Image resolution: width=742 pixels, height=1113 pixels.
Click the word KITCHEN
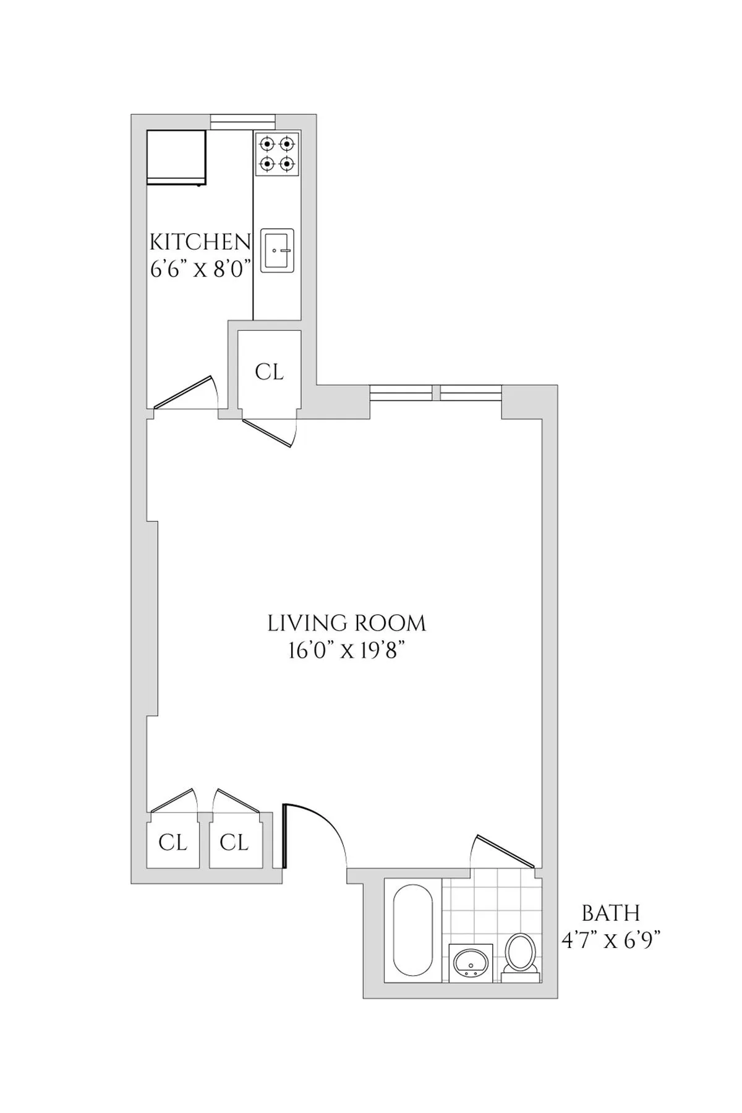(x=200, y=241)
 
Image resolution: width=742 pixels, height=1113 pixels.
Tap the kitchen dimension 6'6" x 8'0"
(x=200, y=270)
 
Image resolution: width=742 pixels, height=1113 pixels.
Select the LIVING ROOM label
(x=347, y=623)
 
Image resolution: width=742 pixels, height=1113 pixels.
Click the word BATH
(x=611, y=913)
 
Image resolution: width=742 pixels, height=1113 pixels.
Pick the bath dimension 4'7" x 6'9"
(x=611, y=941)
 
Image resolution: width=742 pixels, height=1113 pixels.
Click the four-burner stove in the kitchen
(x=276, y=154)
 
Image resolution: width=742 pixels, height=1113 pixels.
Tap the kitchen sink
(x=277, y=250)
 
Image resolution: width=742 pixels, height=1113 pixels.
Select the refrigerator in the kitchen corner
(x=176, y=157)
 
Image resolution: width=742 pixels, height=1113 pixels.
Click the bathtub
(x=412, y=929)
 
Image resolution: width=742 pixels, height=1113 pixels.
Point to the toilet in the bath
(x=520, y=957)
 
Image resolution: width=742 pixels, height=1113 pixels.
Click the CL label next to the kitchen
(x=270, y=372)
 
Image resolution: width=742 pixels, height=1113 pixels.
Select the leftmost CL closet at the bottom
(x=173, y=842)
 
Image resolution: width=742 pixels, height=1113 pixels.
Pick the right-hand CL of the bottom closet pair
(x=234, y=842)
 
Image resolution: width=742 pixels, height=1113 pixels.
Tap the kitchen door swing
(x=185, y=393)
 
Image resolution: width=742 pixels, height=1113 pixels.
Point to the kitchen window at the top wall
(x=242, y=122)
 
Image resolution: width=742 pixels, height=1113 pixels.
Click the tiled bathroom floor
(x=488, y=909)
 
